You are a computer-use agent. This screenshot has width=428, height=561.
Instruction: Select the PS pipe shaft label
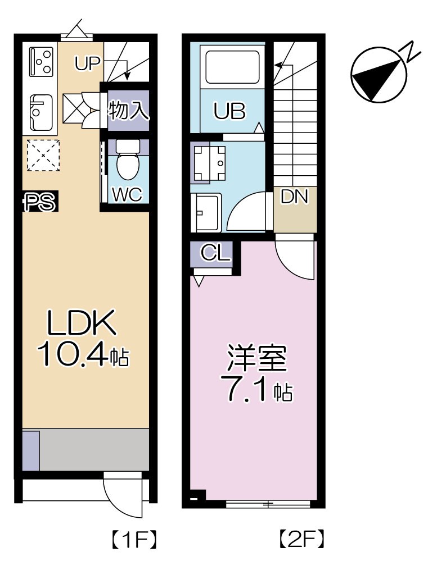39,203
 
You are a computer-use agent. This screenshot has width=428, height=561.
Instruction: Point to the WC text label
127,194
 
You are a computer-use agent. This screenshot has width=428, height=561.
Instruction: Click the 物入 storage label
129,110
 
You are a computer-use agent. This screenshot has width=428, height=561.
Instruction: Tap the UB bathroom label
229,112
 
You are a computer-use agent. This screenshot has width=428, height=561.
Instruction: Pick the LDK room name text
82,325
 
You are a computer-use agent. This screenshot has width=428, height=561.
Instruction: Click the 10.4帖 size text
83,355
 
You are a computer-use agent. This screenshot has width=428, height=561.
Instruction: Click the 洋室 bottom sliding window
268,504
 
